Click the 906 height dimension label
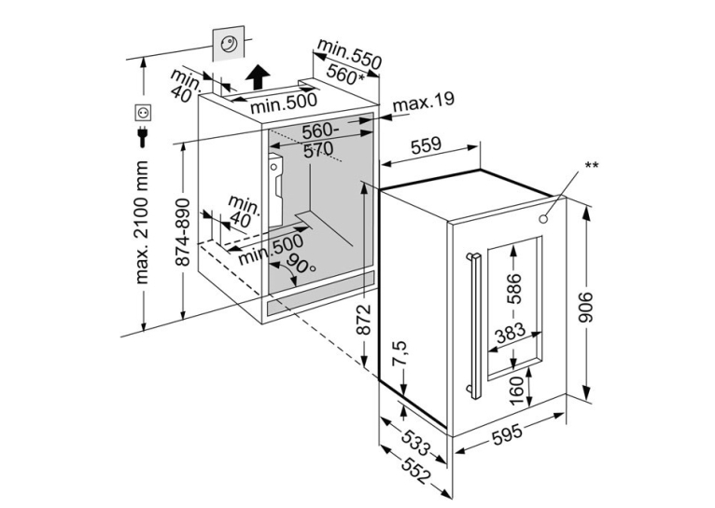coord(585,308)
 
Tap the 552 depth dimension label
coord(416,471)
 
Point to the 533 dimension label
coord(416,443)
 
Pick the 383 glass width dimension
coord(511,334)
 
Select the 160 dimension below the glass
coord(516,391)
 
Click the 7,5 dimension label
coord(398,354)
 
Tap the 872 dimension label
coord(363,320)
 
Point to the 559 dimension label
coord(427,146)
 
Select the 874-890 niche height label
coord(183,232)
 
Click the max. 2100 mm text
coord(142,222)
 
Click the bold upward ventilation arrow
coord(259,77)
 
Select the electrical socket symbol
coord(143,113)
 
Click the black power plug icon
coord(143,137)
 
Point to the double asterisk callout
coord(592,165)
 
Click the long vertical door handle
coord(475,326)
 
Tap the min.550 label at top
coord(349,54)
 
